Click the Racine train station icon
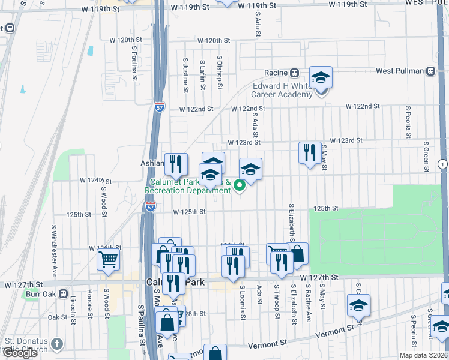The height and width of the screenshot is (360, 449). (x=295, y=73)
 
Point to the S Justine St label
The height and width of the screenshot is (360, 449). (x=185, y=70)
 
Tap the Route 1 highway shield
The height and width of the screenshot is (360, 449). (x=442, y=164)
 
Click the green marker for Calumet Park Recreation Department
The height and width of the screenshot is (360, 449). (x=240, y=185)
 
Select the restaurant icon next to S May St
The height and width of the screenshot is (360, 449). (x=309, y=153)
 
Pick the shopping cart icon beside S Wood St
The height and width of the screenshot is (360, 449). (x=109, y=259)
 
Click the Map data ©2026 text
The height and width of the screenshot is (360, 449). (x=424, y=355)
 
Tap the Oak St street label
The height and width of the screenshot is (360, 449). (x=58, y=317)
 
